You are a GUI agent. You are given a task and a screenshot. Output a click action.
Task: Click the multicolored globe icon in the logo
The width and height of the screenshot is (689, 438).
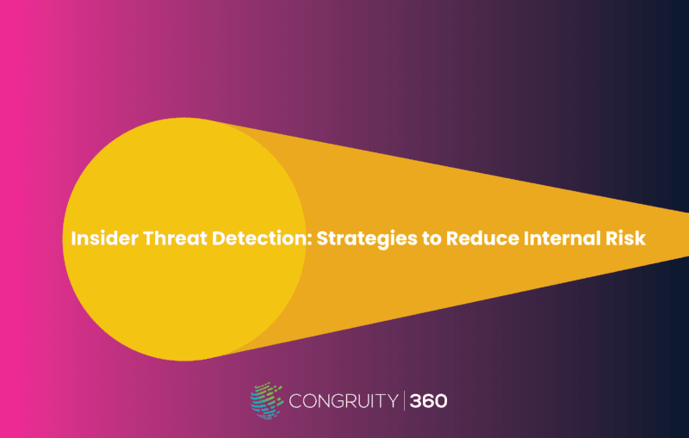[266, 400]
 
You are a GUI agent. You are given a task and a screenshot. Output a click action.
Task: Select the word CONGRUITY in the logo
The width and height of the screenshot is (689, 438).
[344, 401]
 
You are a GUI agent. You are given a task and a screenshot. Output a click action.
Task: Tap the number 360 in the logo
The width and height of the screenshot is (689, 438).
[428, 401]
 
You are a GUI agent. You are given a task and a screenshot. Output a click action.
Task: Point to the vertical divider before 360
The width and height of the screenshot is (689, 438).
[404, 401]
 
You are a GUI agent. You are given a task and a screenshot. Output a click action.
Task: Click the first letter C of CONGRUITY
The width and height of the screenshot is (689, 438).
[295, 401]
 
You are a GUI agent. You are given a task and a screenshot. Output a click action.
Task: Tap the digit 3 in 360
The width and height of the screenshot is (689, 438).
[416, 401]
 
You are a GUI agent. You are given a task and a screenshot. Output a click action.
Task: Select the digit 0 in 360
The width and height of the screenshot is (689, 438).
[441, 401]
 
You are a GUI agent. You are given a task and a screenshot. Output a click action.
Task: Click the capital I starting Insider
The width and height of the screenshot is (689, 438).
[73, 238]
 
